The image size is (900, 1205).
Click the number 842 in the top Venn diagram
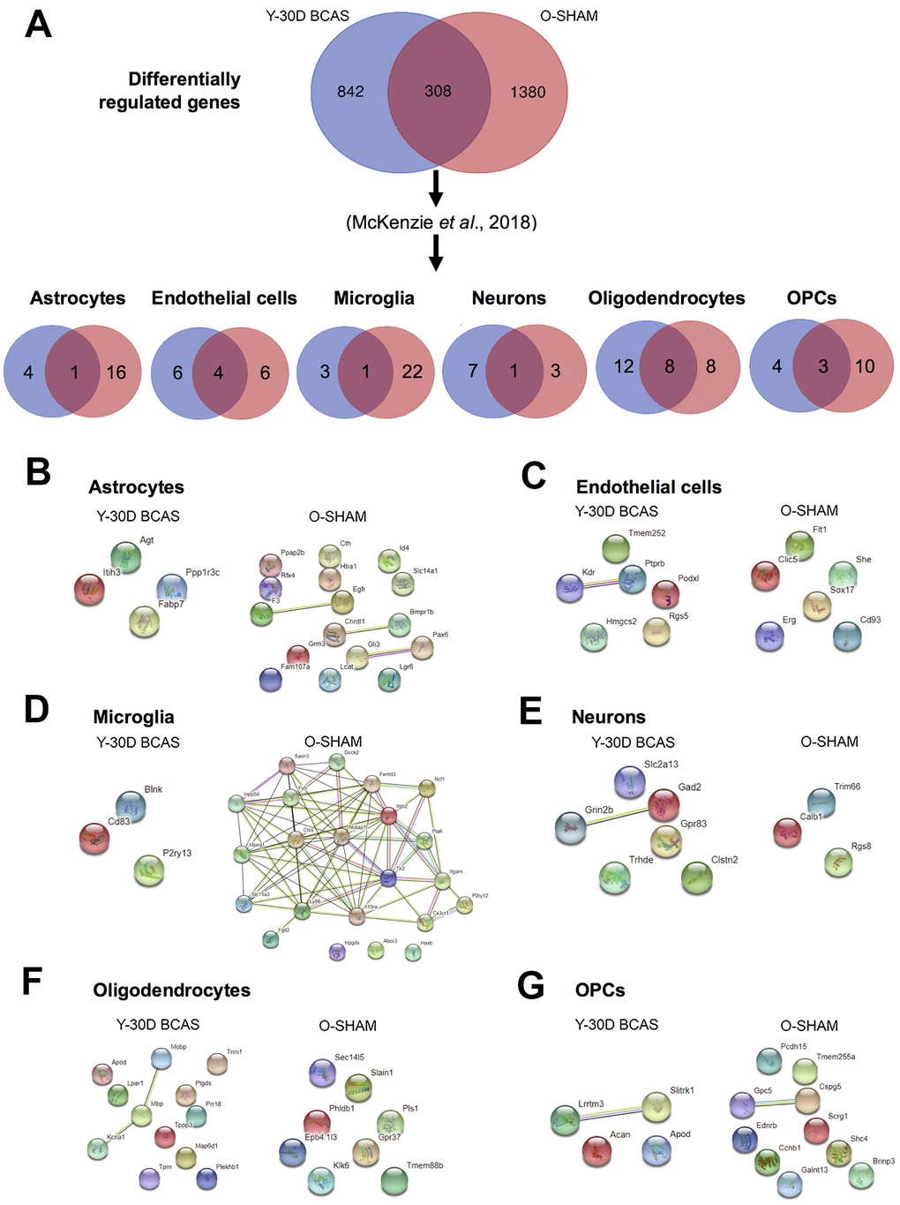[x=350, y=91]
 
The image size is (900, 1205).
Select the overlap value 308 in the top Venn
[x=438, y=91]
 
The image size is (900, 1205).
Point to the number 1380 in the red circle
[x=528, y=92]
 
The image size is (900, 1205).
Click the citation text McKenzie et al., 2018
[x=441, y=222]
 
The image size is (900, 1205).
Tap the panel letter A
[x=38, y=24]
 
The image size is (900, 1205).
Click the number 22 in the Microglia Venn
[x=412, y=372]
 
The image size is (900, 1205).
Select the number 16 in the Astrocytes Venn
[x=116, y=373]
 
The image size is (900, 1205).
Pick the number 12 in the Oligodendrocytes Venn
[x=624, y=366]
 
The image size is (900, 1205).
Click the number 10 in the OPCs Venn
[x=865, y=366]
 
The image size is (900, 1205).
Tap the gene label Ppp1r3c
[x=202, y=572]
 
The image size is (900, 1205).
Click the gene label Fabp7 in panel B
[x=170, y=605]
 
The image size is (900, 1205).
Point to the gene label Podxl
[x=688, y=578]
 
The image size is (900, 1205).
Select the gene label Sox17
[x=842, y=590]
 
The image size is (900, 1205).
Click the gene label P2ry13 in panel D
[x=176, y=854]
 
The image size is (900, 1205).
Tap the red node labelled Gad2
[x=664, y=804]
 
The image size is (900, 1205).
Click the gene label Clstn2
[x=724, y=860]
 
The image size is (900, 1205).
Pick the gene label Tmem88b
[x=424, y=1165]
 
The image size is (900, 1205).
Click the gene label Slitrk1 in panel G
[x=681, y=1090]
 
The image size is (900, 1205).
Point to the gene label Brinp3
[x=883, y=1161]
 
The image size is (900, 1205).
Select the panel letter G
[x=530, y=986]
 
